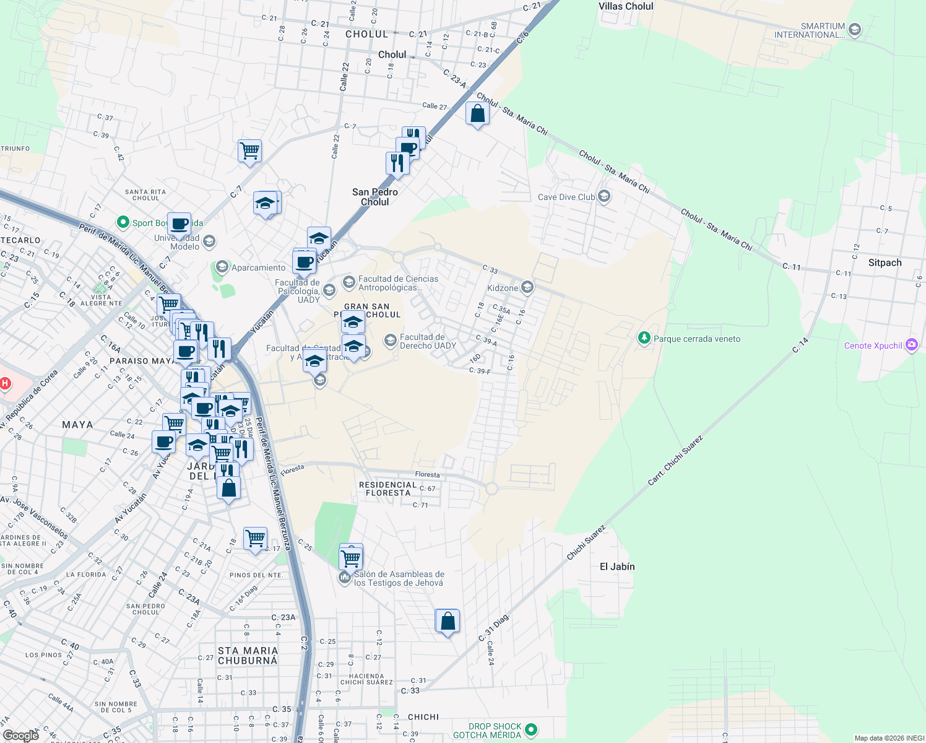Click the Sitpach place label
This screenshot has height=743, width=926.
pos(885,263)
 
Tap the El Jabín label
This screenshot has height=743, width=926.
pos(617,567)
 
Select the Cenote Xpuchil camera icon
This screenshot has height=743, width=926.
pos(911,345)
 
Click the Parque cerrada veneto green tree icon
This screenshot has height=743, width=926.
pos(644,338)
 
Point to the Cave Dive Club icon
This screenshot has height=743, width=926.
pos(604,197)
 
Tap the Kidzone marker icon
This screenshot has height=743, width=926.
pos(527,287)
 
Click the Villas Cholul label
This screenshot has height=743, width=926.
pos(626,6)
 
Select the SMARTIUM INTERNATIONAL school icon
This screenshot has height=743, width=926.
pos(855,30)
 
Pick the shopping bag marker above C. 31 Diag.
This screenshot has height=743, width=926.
pos(448,621)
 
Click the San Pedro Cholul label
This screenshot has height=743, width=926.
pos(375,197)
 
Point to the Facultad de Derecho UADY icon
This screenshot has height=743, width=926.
pos(390,341)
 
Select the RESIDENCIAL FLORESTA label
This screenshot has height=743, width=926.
pos(387,489)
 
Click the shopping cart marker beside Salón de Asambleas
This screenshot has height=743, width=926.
pos(351,558)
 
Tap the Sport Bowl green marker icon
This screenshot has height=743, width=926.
pos(123,222)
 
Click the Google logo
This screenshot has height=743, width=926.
pos(20,736)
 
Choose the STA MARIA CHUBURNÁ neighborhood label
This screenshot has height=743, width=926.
pos(248,656)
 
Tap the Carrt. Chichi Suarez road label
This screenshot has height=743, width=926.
pos(676,461)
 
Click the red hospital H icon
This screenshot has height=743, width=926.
pos(5,383)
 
